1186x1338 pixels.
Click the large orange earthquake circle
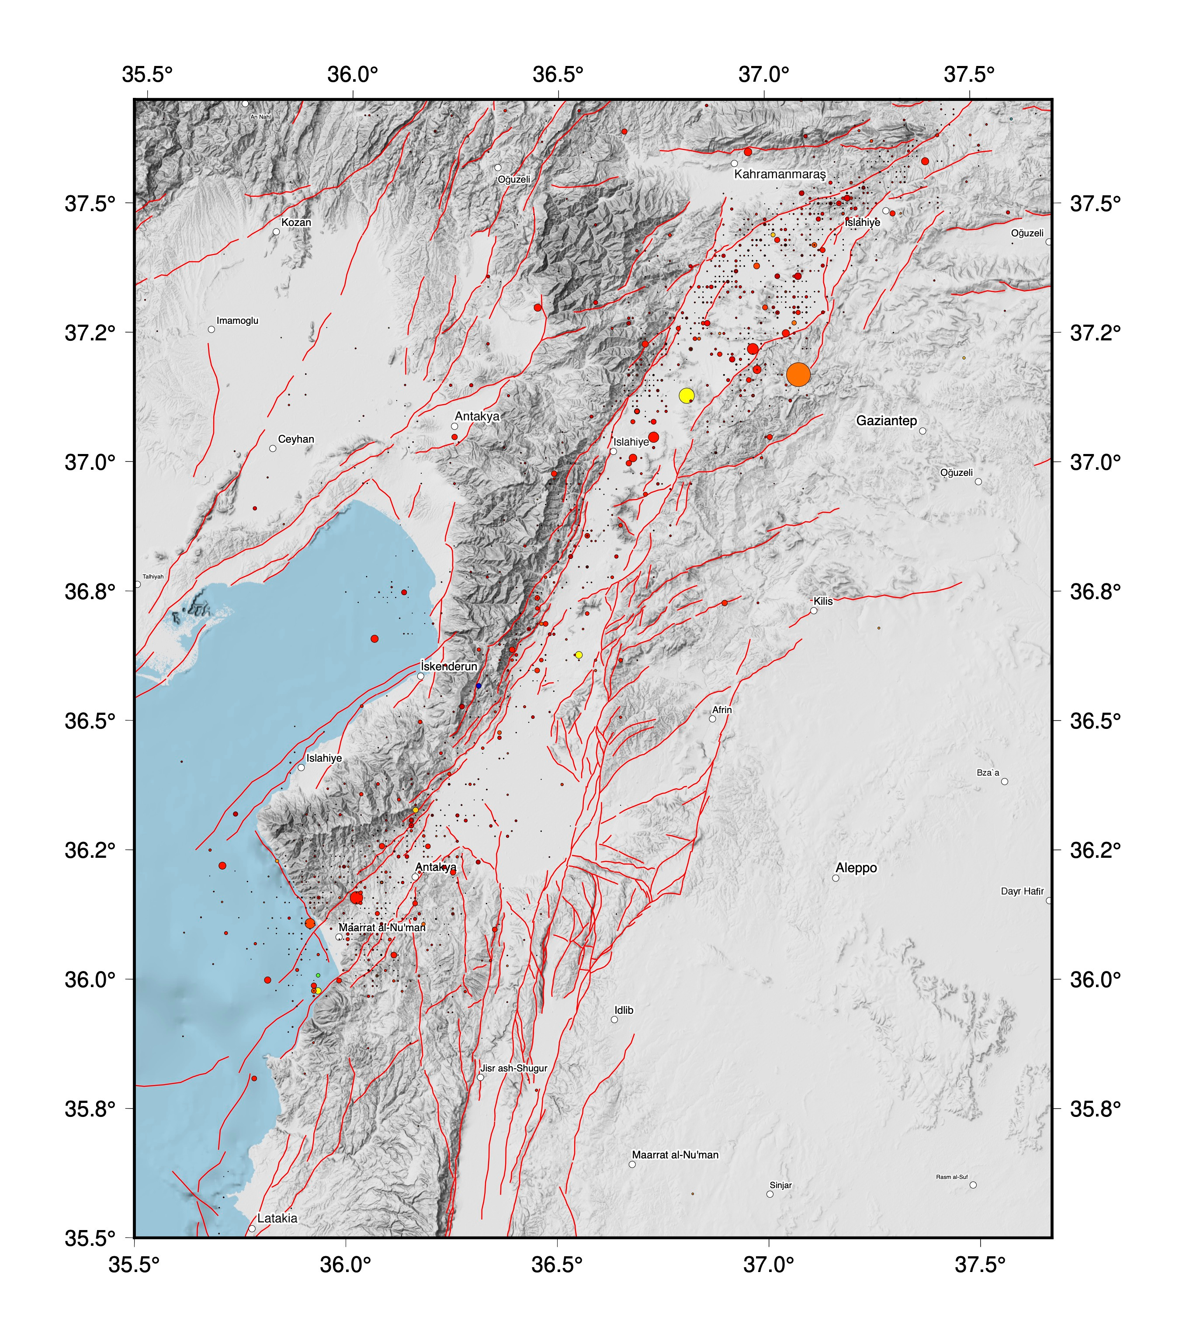798,374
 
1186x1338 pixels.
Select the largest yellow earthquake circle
687,395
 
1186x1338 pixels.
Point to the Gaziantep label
886,421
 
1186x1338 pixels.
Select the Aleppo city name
856,868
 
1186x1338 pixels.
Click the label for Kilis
823,601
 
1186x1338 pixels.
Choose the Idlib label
624,1010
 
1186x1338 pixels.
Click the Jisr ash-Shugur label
514,1068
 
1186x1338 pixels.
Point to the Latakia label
277,1218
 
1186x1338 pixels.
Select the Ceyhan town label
296,439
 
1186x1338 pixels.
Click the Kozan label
296,222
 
